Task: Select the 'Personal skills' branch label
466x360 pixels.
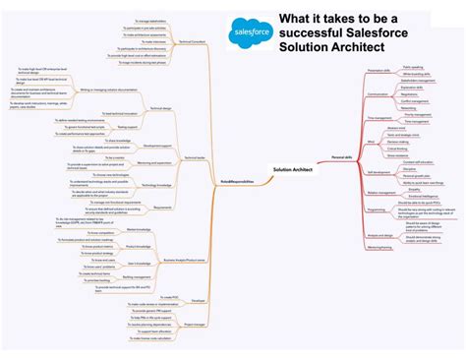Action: [343, 157]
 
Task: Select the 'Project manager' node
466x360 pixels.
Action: [195, 324]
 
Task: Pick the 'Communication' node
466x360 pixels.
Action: [378, 94]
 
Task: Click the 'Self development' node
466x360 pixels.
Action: [379, 171]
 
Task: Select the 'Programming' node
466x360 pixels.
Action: [378, 210]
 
